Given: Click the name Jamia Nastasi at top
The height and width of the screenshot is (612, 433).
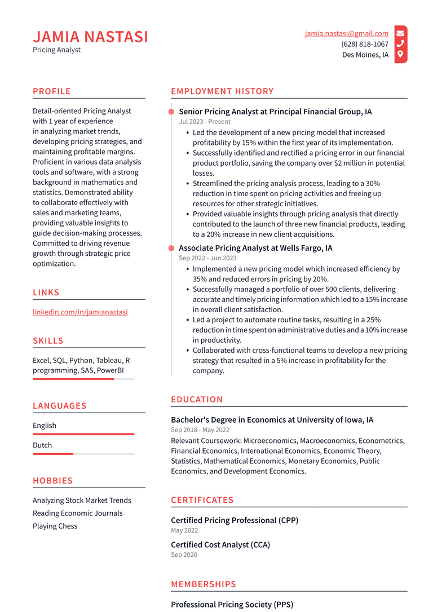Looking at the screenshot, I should (90, 37).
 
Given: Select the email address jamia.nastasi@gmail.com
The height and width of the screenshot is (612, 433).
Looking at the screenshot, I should (346, 33).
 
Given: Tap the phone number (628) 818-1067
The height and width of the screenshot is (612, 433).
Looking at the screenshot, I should (364, 44).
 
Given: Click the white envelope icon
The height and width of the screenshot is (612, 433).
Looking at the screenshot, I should (400, 33).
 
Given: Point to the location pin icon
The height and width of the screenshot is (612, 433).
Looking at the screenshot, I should (400, 55).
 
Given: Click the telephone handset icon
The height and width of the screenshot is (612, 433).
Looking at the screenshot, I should (400, 44).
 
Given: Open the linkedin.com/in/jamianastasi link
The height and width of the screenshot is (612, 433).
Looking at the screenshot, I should (80, 312).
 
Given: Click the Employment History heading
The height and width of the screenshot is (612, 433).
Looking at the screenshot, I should (222, 91).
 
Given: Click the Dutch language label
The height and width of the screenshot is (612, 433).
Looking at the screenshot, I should (42, 445).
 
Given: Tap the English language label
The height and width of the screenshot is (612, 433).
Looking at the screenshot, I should (45, 425).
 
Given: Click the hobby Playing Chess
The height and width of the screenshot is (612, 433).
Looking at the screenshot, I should (55, 526).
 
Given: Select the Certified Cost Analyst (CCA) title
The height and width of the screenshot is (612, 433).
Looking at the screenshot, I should (220, 544).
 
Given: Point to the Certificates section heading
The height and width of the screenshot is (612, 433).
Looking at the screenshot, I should (202, 500).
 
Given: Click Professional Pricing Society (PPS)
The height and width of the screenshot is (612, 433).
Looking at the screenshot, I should (232, 605).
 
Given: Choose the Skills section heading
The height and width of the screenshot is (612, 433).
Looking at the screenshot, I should (48, 340).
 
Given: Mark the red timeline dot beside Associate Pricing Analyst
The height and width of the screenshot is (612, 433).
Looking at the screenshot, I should (171, 248).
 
